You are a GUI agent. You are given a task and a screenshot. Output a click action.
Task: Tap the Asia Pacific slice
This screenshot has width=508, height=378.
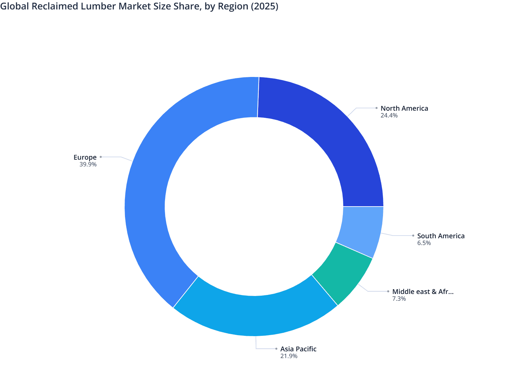click(x=256, y=316)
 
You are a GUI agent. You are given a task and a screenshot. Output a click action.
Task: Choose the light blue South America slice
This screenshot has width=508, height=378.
click(x=362, y=230)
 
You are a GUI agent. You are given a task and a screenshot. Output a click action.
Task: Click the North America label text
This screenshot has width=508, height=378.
click(x=404, y=108)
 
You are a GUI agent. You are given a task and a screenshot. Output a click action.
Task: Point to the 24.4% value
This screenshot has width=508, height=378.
click(x=389, y=115)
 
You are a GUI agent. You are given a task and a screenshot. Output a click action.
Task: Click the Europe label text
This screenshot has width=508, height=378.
click(x=85, y=157)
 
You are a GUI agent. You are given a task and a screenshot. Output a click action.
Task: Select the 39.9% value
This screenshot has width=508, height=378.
click(x=88, y=164)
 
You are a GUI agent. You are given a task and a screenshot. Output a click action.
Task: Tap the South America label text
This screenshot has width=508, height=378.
click(x=441, y=236)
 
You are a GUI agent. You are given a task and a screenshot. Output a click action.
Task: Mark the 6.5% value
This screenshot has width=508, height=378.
click(x=424, y=243)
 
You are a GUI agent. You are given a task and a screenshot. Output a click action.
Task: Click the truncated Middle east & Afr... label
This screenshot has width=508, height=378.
click(x=423, y=292)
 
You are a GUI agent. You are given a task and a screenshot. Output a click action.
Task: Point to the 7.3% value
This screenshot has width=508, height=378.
click(x=399, y=299)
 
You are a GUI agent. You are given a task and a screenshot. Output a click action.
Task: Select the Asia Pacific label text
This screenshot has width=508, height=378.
click(x=298, y=349)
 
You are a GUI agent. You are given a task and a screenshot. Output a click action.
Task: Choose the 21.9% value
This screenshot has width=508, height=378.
click(x=289, y=356)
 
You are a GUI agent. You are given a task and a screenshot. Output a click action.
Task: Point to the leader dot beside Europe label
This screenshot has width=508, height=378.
click(x=100, y=157)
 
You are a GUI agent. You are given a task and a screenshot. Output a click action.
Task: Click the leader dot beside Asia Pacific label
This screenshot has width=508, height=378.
click(x=276, y=349)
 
